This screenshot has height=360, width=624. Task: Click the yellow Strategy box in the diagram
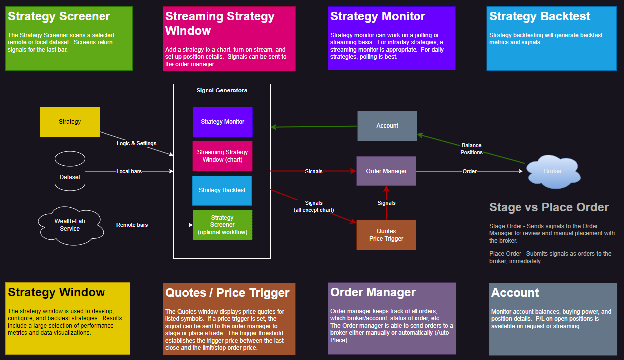(x=70, y=122)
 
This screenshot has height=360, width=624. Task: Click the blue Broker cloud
(x=553, y=171)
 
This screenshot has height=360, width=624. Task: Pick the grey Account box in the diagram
(x=387, y=126)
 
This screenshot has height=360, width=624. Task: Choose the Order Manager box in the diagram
(x=386, y=171)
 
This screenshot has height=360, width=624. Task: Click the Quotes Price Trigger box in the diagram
(x=386, y=235)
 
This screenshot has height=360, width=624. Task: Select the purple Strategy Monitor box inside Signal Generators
(x=222, y=122)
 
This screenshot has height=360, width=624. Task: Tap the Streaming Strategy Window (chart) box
(x=222, y=156)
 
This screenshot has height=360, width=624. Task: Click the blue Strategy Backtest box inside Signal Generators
(x=222, y=190)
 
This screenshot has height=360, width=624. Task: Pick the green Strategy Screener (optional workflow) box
(x=222, y=225)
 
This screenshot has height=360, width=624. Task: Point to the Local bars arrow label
(x=129, y=171)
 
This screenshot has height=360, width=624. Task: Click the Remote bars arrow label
(x=132, y=225)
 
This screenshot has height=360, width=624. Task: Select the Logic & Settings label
(x=136, y=143)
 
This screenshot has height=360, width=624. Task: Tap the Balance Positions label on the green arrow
(x=471, y=149)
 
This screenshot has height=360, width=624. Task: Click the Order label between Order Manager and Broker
(x=469, y=171)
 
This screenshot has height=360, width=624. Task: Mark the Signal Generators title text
(x=222, y=90)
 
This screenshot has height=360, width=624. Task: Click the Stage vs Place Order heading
(x=549, y=207)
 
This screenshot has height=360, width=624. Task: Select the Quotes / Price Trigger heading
(x=227, y=292)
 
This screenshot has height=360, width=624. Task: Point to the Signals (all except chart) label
(x=313, y=206)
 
